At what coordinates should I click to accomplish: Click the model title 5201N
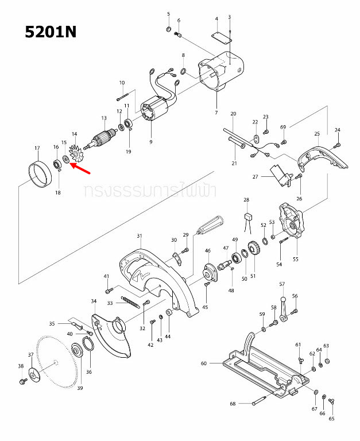[x=51, y=32]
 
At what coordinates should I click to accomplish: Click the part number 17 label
[x=37, y=148]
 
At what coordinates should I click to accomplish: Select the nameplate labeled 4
[x=220, y=36]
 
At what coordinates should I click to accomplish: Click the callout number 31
[x=139, y=236]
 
